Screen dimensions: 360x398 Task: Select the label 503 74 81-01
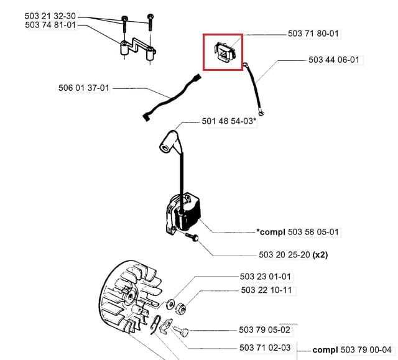(51, 25)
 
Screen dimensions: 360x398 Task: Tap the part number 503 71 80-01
(313, 34)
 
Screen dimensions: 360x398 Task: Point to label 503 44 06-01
(333, 60)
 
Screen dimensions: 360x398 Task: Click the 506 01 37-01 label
(83, 88)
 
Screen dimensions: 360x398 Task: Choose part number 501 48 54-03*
(229, 121)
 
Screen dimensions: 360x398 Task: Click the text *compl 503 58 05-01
(298, 232)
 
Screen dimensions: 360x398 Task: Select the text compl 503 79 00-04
(352, 349)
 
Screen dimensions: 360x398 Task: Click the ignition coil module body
(183, 215)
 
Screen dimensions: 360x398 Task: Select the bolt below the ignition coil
(192, 238)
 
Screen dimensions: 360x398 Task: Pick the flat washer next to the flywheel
(171, 304)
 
